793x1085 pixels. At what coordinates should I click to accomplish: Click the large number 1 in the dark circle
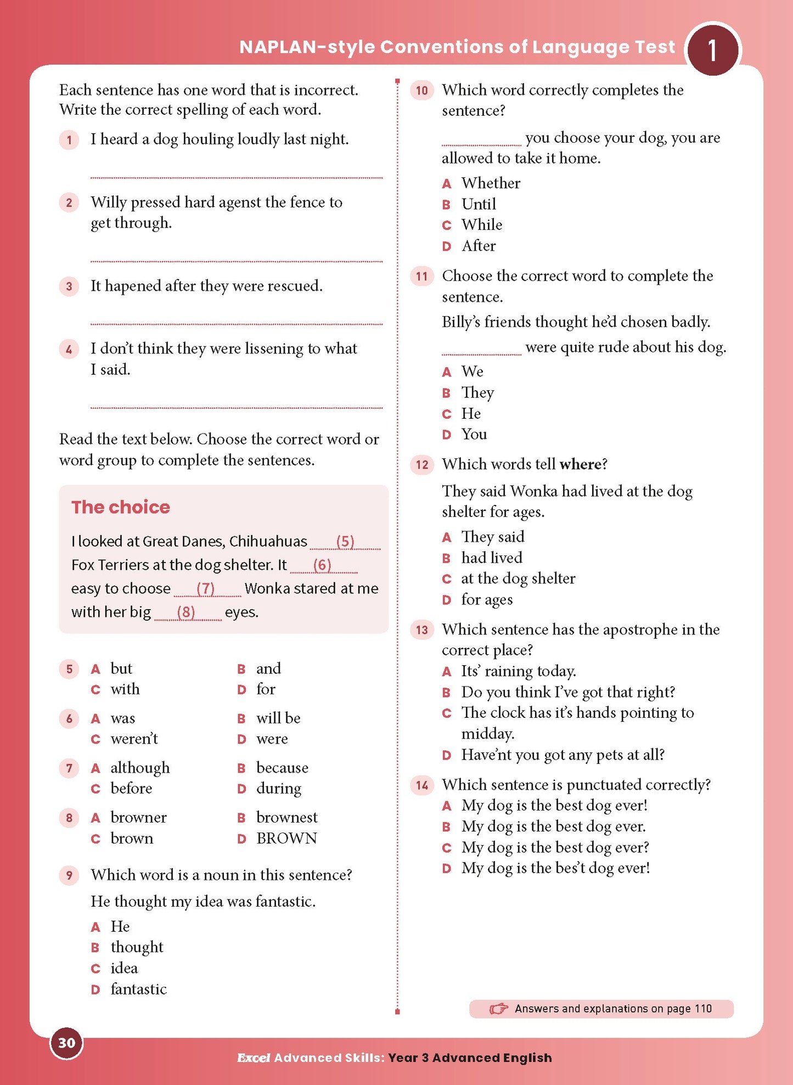pos(712,50)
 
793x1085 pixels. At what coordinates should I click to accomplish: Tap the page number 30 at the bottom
pos(66,1043)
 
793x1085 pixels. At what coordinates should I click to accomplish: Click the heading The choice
pos(121,507)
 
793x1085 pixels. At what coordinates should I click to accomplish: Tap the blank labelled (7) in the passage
pos(206,589)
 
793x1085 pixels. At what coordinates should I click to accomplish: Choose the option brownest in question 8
pos(286,818)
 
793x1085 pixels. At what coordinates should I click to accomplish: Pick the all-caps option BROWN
pos(286,839)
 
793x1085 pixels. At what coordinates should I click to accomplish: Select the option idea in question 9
pos(124,968)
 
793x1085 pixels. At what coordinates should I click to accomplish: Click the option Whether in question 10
pos(491,183)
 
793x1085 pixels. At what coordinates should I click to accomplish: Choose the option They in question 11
pos(477,393)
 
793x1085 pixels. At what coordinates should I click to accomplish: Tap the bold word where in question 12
pos(580,465)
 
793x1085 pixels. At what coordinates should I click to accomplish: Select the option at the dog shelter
pos(518,578)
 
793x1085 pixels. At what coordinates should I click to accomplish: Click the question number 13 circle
pos(421,629)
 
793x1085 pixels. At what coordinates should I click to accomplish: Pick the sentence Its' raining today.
pos(518,671)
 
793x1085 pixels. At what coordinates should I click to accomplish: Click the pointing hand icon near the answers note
pos(498,1009)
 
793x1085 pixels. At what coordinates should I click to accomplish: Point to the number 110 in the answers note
pos(703,1009)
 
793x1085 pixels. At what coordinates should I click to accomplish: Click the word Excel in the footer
pos(254,1058)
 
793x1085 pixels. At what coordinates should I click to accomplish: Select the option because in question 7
pos(282,768)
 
